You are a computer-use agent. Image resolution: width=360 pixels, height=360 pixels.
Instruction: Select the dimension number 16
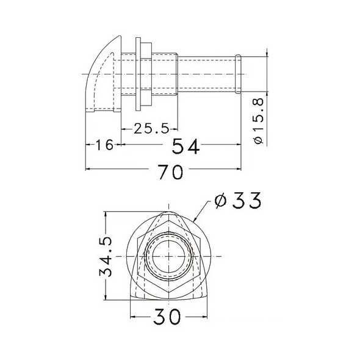pyautogui.click(x=104, y=145)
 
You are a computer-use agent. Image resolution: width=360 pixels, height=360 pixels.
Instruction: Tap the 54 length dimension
pyautogui.click(x=185, y=146)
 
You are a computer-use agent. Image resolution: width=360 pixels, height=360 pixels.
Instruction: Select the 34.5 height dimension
pyautogui.click(x=106, y=256)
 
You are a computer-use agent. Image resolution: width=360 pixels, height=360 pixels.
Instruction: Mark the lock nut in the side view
pyautogui.click(x=143, y=75)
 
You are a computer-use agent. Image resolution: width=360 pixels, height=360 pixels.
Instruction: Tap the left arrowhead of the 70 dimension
pyautogui.click(x=87, y=168)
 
